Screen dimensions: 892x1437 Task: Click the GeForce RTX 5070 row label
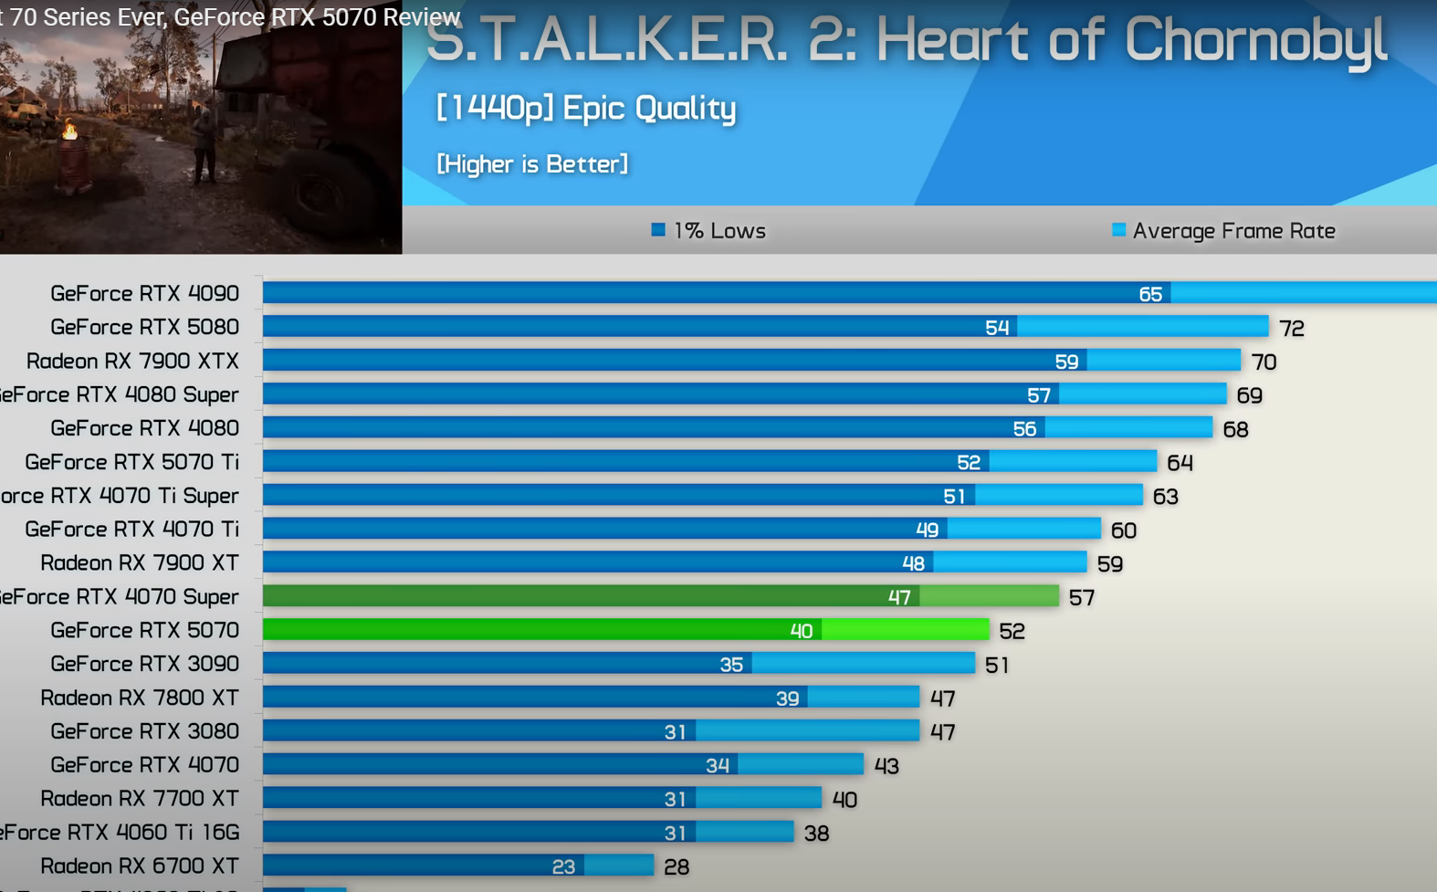pos(144,630)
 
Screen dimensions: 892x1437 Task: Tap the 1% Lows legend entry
pos(709,231)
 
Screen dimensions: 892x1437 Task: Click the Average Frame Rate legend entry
pos(1223,231)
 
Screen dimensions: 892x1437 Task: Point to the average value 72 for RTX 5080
pos(1291,328)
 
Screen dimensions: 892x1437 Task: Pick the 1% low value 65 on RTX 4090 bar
pos(1150,294)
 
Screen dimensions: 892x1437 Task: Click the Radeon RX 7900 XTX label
pos(132,361)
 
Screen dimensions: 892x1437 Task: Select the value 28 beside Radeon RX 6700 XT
pos(677,866)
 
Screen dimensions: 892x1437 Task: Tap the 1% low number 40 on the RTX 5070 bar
pos(802,631)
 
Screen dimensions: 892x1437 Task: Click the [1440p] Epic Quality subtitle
pos(586,108)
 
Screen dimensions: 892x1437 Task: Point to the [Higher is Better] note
pos(532,164)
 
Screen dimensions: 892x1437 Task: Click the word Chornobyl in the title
pos(1255,41)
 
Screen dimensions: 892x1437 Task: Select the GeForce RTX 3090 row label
pos(144,664)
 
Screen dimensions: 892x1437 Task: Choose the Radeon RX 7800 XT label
pos(140,698)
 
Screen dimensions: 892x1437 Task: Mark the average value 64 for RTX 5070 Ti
pos(1180,463)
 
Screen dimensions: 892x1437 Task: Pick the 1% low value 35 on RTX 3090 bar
pos(731,665)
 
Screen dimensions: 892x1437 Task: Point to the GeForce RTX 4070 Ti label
pos(131,530)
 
